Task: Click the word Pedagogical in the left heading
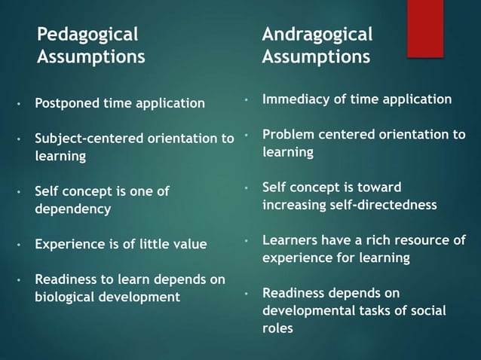[87, 34]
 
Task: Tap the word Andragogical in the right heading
[317, 34]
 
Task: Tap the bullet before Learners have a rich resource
[247, 240]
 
